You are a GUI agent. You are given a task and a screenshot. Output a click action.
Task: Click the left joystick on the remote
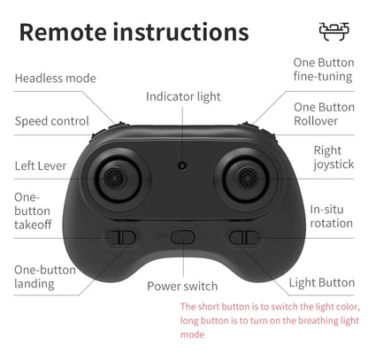pos(116,179)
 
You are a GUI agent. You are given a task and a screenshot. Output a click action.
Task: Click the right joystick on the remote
pos(248,179)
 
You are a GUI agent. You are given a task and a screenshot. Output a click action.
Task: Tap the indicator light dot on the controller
pos(182,165)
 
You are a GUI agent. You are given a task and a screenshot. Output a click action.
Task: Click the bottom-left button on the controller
pos(120,238)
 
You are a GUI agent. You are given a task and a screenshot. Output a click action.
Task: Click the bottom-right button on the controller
pos(244,238)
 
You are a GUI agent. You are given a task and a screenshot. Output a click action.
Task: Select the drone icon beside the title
pos(334,31)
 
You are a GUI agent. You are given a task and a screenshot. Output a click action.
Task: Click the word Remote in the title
pos(63,32)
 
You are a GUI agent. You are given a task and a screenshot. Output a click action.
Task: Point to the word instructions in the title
pos(181,32)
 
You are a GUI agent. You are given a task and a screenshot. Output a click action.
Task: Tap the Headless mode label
pos(56,79)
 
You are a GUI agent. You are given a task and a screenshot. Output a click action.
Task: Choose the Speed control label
pos(52,121)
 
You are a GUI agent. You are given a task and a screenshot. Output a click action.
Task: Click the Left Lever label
pos(41,165)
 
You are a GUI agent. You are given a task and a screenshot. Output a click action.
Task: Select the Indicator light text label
pos(183,96)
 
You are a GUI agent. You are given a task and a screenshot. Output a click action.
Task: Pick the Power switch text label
pos(182,287)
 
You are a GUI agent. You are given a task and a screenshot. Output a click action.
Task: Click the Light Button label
pos(322,283)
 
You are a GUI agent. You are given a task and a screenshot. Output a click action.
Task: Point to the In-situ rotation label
pos(332,217)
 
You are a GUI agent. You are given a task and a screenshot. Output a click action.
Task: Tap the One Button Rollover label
pos(324,114)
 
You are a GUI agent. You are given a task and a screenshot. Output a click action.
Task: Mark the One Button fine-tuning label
pos(324,70)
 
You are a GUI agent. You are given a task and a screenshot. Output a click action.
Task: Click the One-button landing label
pos(45,277)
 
